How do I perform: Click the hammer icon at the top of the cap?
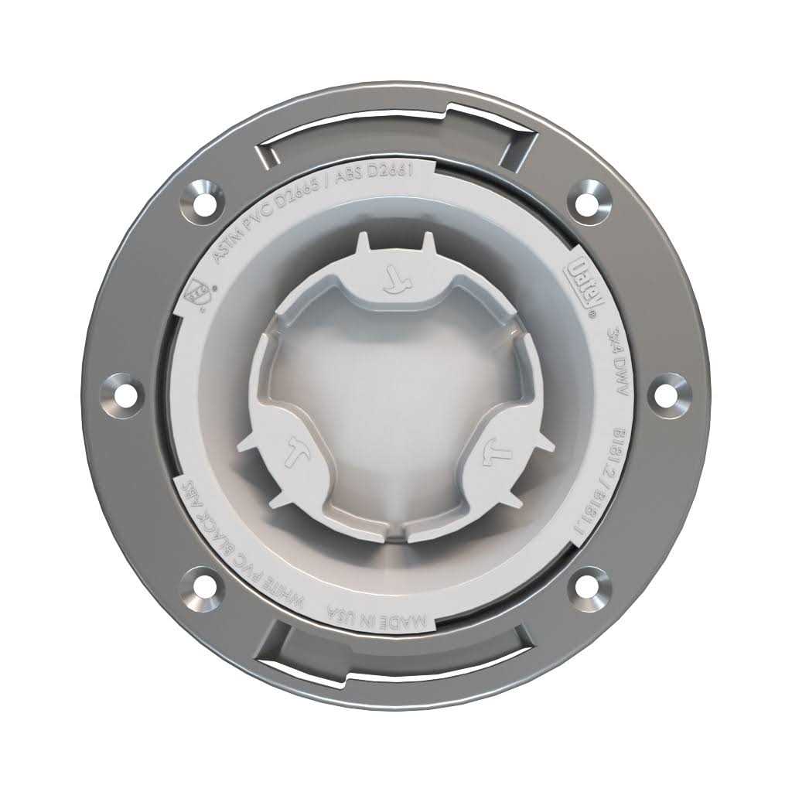point(396,280)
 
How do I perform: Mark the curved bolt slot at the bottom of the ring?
point(396,657)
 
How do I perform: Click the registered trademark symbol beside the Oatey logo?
point(592,315)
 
